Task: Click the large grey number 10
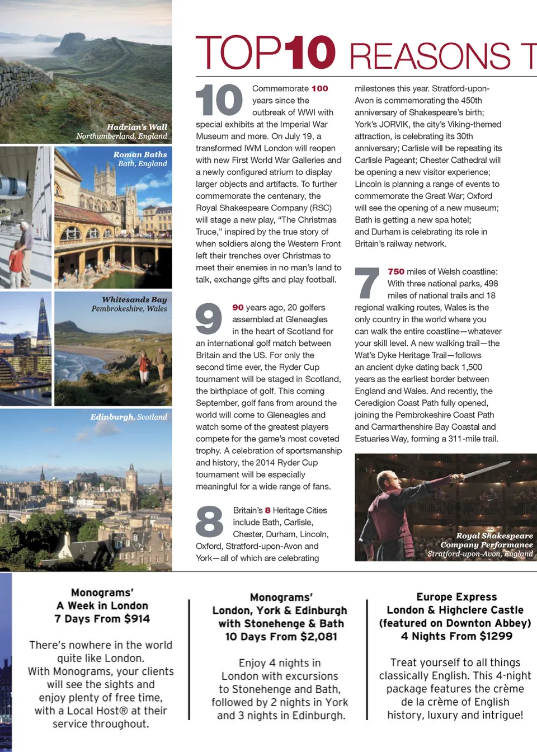219,100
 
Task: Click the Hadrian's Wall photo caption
122,131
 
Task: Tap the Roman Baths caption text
140,159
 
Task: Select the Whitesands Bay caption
129,304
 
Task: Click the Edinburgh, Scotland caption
129,417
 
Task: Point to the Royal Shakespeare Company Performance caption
480,544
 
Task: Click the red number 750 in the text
396,271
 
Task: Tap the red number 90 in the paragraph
238,307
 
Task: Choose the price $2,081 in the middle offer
318,636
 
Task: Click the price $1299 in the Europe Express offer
495,636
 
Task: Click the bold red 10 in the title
309,53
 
